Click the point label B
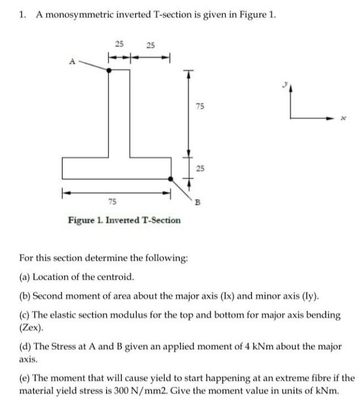coord(198,200)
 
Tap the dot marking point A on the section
coord(110,69)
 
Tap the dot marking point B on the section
coord(171,178)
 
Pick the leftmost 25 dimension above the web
coord(119,44)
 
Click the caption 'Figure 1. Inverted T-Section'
coord(124,220)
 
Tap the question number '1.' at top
coord(22,15)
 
